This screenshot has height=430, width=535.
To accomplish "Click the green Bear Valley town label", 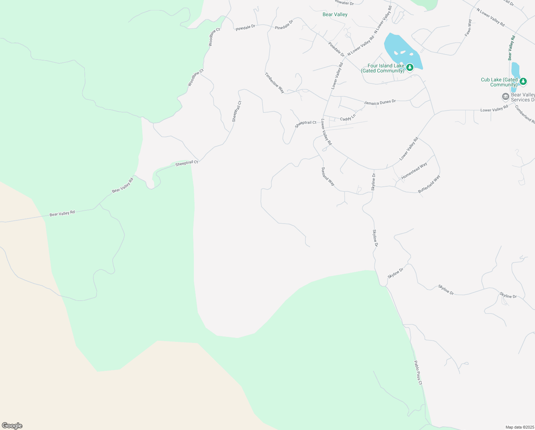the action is [x=335, y=14].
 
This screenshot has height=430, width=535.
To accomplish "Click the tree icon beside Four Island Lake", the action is [x=409, y=67].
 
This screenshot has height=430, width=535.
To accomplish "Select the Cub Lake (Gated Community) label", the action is [x=499, y=82].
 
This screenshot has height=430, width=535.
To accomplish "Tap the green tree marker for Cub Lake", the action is [x=523, y=81].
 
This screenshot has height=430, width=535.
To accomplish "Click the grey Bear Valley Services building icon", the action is [x=505, y=96].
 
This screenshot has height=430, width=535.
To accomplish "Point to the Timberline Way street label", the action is [x=275, y=83].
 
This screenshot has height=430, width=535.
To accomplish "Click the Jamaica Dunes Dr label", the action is [x=380, y=102].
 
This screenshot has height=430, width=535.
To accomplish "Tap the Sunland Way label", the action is [x=328, y=176].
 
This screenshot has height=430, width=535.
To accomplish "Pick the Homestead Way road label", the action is [x=414, y=171].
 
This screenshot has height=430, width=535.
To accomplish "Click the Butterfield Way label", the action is [x=429, y=184].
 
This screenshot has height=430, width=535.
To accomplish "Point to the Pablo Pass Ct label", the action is [x=418, y=373].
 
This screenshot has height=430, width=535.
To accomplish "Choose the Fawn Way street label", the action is [x=468, y=28].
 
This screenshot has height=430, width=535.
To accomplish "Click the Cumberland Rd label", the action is [x=525, y=114].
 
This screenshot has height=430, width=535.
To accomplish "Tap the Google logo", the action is [x=12, y=426].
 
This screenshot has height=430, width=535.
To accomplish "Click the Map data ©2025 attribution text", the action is [x=519, y=427].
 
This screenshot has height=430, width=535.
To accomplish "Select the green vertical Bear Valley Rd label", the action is [x=511, y=48].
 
